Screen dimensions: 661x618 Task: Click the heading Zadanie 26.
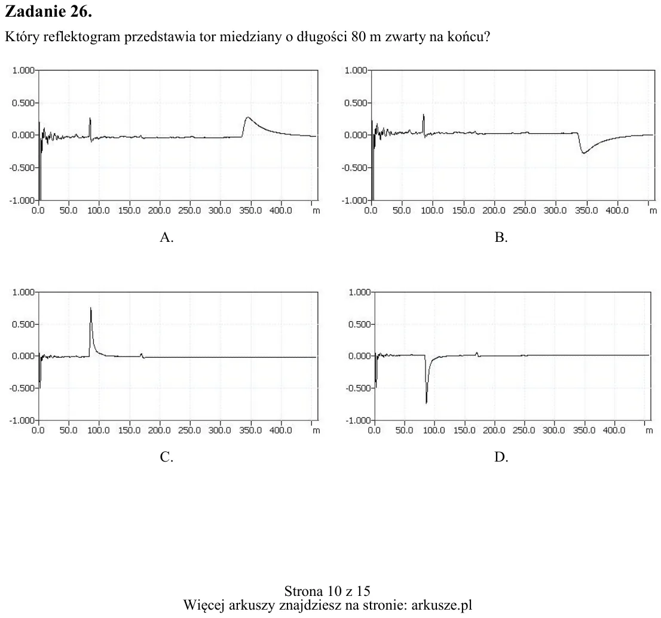(x=48, y=11)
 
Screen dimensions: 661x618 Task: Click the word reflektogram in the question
(x=81, y=37)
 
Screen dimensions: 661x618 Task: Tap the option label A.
(x=167, y=237)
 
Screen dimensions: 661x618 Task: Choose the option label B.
(x=501, y=237)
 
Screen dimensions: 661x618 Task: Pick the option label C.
(x=167, y=457)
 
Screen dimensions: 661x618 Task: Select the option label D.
(x=501, y=457)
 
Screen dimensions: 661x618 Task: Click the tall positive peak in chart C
(x=91, y=320)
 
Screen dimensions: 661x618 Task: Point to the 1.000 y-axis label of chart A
(x=23, y=70)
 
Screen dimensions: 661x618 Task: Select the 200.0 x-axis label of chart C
(x=160, y=430)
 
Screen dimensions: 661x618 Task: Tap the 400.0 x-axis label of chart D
(x=614, y=430)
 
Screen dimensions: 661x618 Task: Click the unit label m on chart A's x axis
(x=316, y=211)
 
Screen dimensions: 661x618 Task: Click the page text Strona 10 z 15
(x=327, y=591)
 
